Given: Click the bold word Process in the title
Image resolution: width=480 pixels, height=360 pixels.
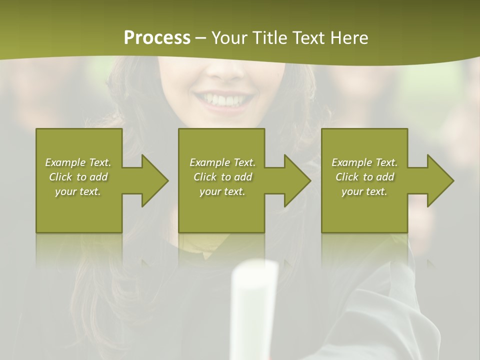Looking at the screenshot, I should point(157,37).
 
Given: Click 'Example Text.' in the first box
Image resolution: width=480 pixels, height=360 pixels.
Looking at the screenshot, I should point(78,162).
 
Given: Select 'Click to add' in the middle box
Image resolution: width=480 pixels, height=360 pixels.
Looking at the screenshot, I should point(222,177).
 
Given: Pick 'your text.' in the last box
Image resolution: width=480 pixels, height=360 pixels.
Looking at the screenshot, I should point(364,191).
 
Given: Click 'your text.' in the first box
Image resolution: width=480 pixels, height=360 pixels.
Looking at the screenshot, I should point(78,191).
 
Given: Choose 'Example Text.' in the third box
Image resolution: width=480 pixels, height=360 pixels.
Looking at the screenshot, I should point(364,162).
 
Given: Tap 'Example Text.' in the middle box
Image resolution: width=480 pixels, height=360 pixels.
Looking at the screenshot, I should point(222,162).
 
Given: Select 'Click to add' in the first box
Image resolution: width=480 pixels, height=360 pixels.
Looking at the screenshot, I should point(78,177).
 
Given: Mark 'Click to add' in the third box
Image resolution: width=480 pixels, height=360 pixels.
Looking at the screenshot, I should point(364,177).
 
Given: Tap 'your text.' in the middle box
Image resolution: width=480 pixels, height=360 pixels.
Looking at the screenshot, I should point(222,191).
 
